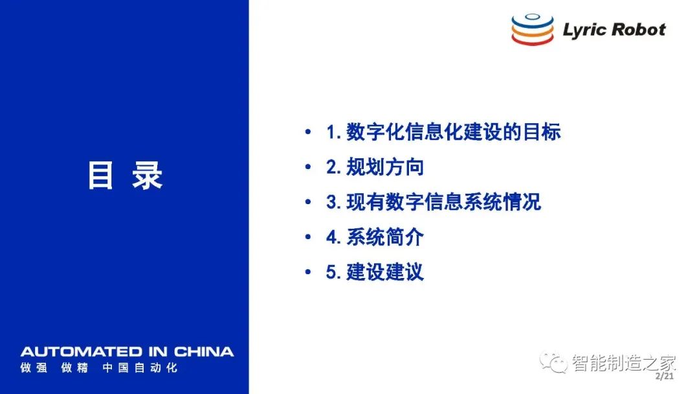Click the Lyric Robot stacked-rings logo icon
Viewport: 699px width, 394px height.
pos(532,29)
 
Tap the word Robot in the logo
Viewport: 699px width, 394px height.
pos(639,29)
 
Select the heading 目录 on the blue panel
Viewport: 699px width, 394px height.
pos(126,175)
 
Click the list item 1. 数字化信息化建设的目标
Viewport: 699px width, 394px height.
pos(443,132)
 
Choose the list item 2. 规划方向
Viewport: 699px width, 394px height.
pos(375,167)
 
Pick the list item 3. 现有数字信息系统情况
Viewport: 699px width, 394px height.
pos(433,202)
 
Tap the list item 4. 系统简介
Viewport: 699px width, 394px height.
pos(375,237)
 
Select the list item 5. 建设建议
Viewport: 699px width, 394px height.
pos(375,272)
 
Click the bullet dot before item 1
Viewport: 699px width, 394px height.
pos(307,132)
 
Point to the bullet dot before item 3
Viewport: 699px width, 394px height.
pos(307,202)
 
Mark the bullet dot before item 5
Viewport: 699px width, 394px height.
pos(307,272)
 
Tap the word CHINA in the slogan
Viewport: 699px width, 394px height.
pos(204,352)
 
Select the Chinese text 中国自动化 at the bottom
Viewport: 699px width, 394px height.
pos(140,367)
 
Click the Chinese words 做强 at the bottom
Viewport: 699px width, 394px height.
pos(34,367)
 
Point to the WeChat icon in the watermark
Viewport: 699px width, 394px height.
pos(553,362)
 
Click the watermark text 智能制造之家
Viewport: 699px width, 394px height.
pos(624,363)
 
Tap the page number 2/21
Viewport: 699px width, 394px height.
pos(665,376)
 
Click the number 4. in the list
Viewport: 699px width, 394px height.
pos(333,237)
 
